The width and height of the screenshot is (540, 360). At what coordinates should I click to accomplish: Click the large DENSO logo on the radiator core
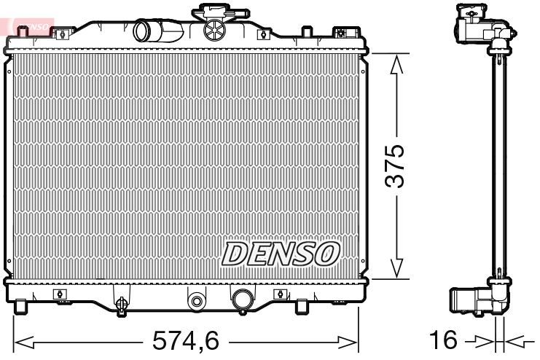[x=281, y=253]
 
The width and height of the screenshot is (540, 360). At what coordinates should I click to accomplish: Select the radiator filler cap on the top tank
[x=216, y=28]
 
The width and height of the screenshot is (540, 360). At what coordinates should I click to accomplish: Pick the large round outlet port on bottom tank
[x=241, y=299]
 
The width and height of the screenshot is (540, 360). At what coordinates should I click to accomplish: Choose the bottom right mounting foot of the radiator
[x=300, y=306]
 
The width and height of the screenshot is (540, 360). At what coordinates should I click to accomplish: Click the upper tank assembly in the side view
[x=477, y=27]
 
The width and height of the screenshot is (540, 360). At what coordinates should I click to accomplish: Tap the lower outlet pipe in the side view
[x=466, y=300]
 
